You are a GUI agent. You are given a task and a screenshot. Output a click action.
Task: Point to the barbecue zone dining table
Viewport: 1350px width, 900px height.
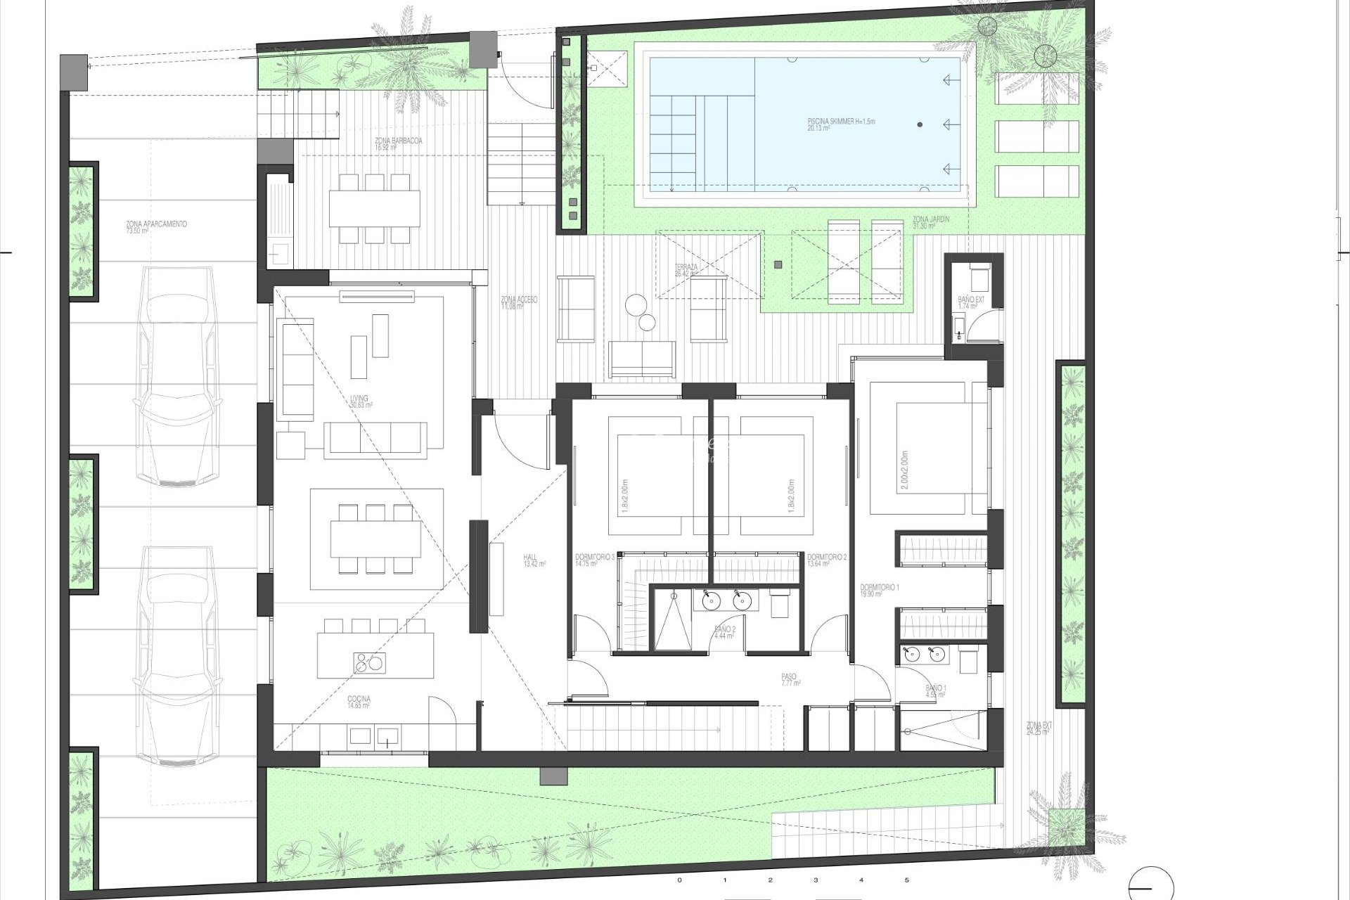pyautogui.click(x=374, y=209)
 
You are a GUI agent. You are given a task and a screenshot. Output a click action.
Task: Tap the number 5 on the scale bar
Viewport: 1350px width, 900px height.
pyautogui.click(x=906, y=880)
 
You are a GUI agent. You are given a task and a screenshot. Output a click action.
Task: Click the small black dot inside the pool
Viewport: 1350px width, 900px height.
pyautogui.click(x=920, y=124)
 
